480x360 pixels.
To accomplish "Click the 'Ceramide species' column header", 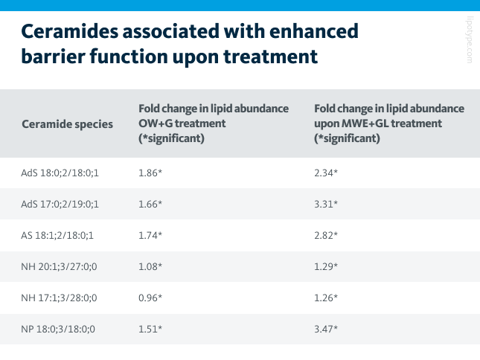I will point(68,123).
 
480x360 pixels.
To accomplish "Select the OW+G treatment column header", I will point(214,123).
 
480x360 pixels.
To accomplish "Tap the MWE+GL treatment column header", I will point(389,123).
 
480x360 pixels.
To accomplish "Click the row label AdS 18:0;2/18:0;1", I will point(60,173).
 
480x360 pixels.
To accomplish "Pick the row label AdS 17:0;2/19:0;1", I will point(60,204).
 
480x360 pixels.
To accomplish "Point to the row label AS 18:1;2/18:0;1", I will point(58,235).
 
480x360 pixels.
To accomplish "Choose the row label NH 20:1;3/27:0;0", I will point(60,266).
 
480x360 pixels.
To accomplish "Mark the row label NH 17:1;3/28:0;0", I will point(60,298).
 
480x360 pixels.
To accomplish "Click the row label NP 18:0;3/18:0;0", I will point(60,329).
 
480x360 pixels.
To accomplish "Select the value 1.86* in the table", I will point(150,173).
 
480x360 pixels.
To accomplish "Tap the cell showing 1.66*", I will point(150,204).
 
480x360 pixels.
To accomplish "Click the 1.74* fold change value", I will point(150,235).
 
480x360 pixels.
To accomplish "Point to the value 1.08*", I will point(150,266).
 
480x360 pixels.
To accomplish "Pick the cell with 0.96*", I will point(150,298).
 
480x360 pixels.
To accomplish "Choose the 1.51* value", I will point(150,329).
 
